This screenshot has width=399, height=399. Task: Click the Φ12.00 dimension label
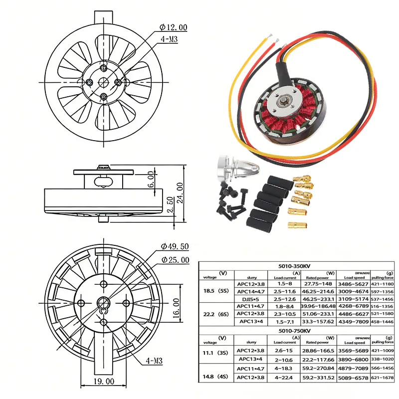(174, 27)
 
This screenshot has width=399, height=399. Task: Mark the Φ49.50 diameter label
(175, 246)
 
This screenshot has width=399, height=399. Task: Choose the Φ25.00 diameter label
(175, 260)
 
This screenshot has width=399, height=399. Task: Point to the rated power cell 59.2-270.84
(319, 369)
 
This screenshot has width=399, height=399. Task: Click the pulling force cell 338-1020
(383, 359)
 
